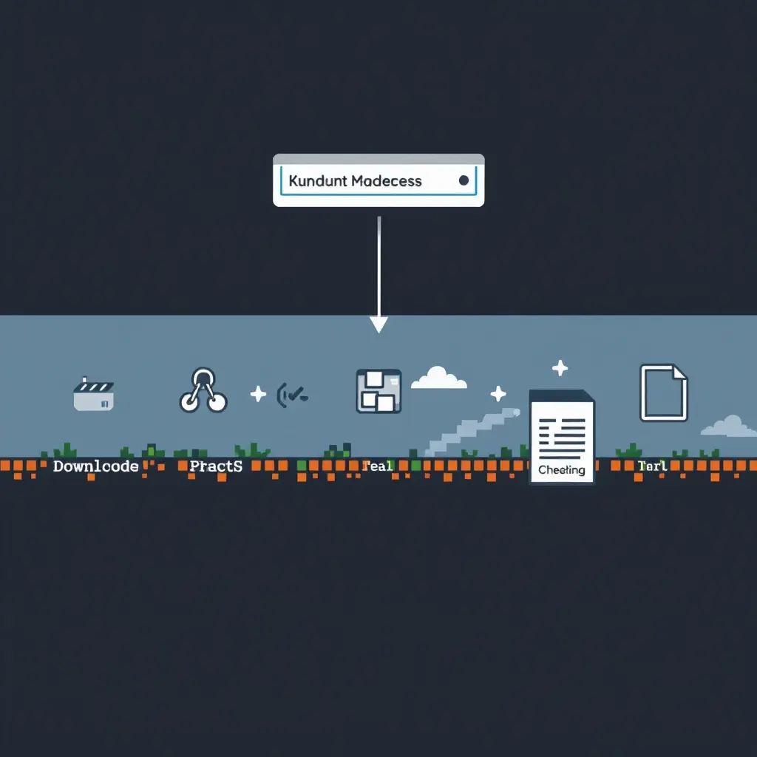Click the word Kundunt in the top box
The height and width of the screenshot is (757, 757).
pos(317,180)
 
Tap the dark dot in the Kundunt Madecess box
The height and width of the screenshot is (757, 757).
pos(464,180)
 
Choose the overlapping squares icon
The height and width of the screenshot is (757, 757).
pos(378,390)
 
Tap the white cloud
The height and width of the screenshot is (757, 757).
pos(439,378)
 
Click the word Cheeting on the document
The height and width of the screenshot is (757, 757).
pos(562,469)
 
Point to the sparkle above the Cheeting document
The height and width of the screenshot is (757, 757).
pos(560,367)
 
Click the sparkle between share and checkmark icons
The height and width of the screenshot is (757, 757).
pos(258,393)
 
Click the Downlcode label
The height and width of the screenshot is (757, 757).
pos(96,466)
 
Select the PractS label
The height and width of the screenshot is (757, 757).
pos(215,466)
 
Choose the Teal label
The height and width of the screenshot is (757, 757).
pos(377,466)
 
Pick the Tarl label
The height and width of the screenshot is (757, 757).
pos(652,466)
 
